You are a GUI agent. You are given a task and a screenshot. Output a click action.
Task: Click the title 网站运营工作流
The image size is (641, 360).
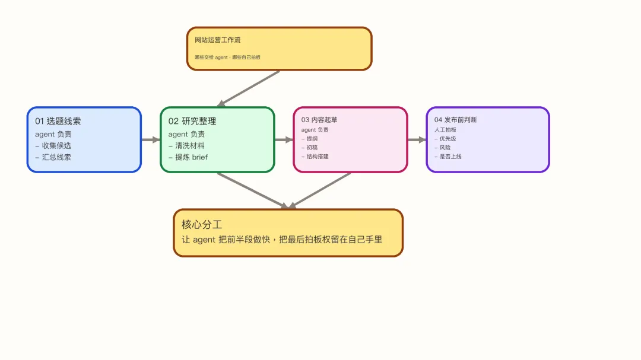click(x=218, y=40)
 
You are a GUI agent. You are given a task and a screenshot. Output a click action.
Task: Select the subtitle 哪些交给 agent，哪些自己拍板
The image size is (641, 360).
click(x=228, y=58)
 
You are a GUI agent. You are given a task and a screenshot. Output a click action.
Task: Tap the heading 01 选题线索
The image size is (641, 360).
click(x=58, y=121)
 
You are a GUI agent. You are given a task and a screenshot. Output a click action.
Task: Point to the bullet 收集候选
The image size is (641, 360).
click(x=56, y=145)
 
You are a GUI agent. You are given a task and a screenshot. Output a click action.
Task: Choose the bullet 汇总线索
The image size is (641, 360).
click(x=56, y=157)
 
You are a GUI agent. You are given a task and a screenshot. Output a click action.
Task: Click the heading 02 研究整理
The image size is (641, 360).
click(x=192, y=121)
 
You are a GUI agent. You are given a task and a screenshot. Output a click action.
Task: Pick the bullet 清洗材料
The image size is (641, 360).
click(x=189, y=145)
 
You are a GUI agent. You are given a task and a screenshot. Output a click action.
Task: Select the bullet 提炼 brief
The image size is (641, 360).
click(x=191, y=157)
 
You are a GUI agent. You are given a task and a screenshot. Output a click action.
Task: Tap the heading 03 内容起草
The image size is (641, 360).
click(x=319, y=120)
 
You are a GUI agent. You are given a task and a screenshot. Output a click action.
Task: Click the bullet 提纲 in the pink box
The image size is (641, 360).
click(x=312, y=139)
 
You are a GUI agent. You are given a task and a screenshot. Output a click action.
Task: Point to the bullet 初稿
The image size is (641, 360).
click(x=312, y=148)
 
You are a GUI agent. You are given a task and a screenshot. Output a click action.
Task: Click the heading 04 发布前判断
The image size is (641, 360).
click(x=455, y=120)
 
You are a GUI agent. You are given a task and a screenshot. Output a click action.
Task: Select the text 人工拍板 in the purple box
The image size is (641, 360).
click(x=445, y=130)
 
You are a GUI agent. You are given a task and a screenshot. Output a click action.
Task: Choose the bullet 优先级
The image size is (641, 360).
click(x=448, y=139)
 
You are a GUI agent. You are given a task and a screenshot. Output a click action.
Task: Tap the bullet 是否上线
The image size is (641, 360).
click(x=450, y=157)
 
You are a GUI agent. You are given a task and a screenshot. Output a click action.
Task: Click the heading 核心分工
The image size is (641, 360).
click(x=202, y=225)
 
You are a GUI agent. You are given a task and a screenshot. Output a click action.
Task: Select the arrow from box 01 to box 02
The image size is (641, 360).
click(x=151, y=140)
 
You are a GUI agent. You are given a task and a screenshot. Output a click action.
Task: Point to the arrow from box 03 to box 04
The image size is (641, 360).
click(x=417, y=140)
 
